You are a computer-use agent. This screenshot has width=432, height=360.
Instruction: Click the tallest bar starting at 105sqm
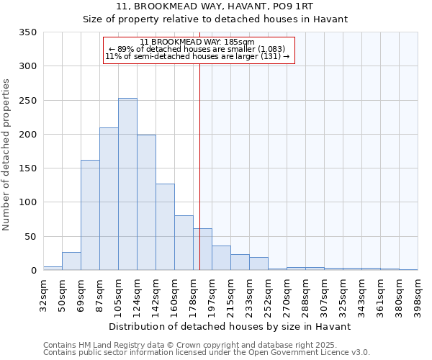tap(127, 184)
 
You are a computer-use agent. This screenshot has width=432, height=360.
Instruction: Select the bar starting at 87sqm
tap(109, 199)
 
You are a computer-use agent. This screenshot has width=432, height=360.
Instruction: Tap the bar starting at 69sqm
tap(90, 215)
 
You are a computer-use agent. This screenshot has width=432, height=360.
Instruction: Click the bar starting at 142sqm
tap(165, 228)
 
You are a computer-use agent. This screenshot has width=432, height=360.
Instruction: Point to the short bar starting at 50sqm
tap(71, 261)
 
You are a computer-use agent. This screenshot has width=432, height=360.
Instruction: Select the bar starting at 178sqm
tap(202, 250)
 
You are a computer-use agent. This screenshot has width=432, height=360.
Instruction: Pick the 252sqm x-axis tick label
tap(269, 294)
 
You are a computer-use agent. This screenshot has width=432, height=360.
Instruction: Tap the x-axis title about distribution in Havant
tap(230, 326)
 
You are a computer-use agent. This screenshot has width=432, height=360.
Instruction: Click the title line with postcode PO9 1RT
tap(215, 6)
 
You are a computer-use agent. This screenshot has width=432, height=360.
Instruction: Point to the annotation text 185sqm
tap(198, 42)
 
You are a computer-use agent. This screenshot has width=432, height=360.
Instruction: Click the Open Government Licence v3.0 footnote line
tap(206, 352)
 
